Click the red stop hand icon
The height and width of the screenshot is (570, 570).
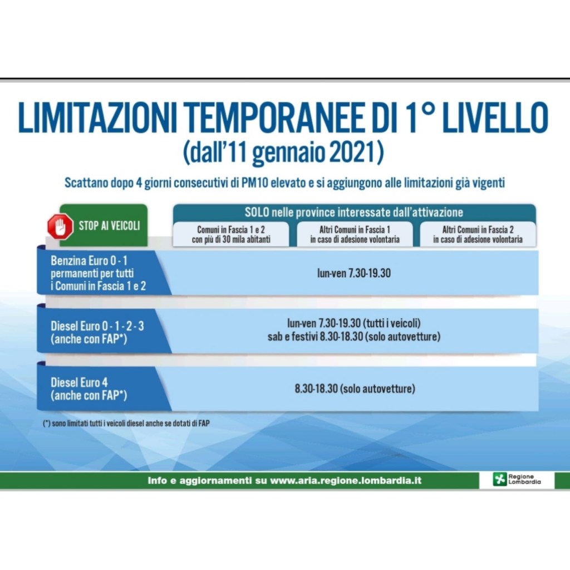point(60,227)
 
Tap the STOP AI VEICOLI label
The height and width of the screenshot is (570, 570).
point(110,226)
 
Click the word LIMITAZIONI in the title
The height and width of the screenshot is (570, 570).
point(97,118)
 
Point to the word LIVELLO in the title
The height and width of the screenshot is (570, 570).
point(496,118)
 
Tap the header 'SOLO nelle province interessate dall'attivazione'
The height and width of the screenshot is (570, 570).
point(354,212)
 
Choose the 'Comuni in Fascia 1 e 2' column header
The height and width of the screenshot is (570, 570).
point(231,234)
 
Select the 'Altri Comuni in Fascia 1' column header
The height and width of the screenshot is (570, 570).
point(355,234)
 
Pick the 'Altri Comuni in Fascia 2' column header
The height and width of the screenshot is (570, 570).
point(478,234)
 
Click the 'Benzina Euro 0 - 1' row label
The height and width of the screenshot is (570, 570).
point(89,261)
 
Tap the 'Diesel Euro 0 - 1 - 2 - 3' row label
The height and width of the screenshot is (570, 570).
point(97,326)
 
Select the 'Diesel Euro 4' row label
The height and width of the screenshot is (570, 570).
point(79,382)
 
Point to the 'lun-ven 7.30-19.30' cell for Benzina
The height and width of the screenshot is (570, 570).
point(354,273)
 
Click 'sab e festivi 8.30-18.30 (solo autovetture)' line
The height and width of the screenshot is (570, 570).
point(354,337)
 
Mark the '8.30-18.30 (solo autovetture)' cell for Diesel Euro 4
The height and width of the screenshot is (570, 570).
point(355,389)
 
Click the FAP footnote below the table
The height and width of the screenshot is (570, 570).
point(126,423)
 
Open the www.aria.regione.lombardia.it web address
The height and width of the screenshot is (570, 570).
point(346,480)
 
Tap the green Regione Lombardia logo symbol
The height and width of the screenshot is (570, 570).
point(499,479)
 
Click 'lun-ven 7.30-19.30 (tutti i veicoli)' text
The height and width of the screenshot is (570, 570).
point(354,323)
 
